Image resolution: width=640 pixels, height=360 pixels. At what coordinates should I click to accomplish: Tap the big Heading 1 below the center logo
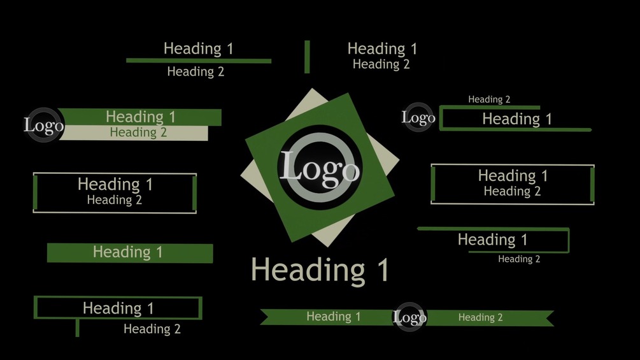[320, 270]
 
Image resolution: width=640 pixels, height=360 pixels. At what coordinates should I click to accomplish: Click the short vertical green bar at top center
[307, 57]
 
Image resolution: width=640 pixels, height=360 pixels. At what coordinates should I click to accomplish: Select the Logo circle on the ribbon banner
[409, 317]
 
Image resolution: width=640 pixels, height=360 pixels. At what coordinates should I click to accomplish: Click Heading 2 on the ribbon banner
[480, 317]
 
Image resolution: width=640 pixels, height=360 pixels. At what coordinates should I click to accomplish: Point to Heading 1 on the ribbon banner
[333, 317]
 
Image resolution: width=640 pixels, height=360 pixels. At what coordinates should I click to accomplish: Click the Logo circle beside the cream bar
[43, 125]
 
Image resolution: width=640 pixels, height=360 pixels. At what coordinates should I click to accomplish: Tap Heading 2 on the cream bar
[138, 133]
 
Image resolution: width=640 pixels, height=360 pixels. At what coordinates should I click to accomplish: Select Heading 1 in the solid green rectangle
[127, 252]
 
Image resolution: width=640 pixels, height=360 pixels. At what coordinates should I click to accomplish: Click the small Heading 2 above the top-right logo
[489, 99]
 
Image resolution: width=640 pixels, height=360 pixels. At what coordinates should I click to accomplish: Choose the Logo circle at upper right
[418, 117]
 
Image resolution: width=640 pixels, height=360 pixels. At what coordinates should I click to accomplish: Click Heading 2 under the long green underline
[196, 72]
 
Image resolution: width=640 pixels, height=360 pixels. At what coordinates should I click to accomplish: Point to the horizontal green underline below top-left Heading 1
[198, 61]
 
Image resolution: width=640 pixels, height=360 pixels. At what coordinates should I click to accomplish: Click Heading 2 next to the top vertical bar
[381, 64]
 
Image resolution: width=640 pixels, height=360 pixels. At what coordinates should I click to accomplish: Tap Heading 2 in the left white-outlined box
[114, 200]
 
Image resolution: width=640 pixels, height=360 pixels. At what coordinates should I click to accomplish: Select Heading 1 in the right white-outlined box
[513, 176]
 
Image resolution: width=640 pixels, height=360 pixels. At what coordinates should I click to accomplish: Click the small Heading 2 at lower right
[519, 259]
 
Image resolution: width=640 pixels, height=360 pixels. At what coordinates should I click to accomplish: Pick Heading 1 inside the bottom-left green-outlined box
[118, 308]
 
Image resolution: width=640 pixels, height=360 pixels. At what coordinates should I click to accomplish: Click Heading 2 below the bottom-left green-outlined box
[152, 329]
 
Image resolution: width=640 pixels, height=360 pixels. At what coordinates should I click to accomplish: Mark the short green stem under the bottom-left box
[77, 328]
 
